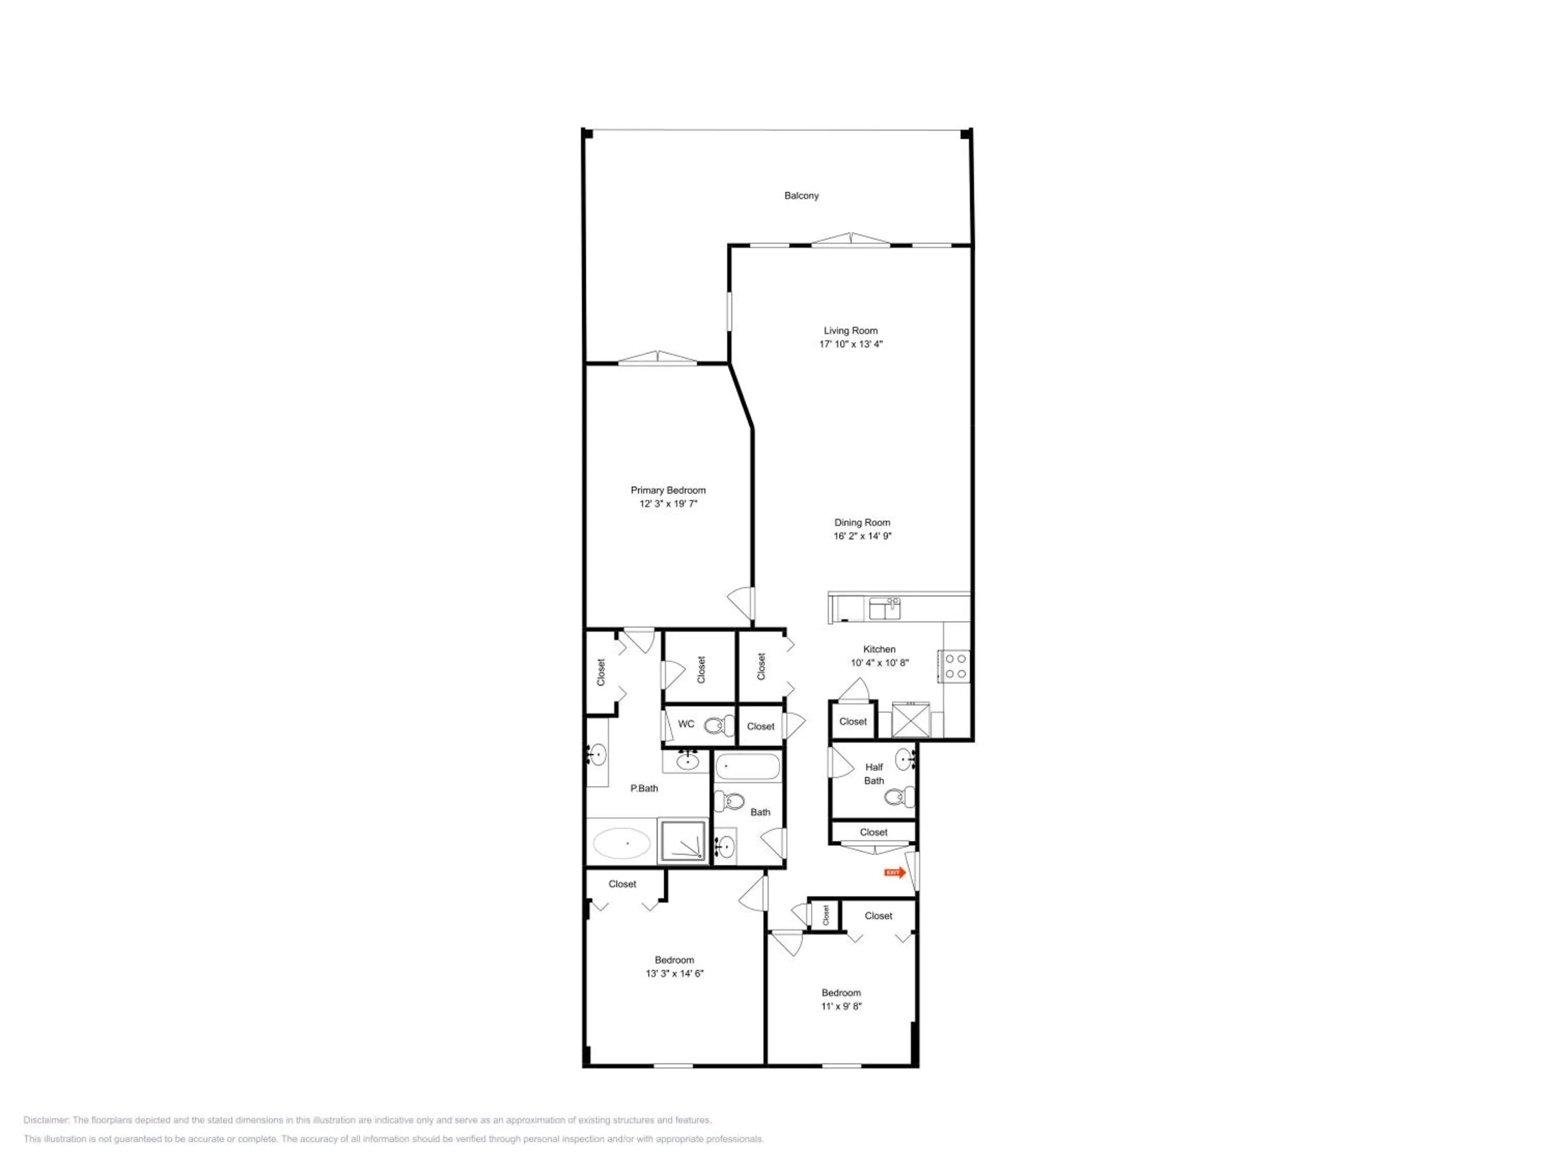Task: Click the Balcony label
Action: tap(801, 196)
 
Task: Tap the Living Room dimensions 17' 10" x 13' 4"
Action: tap(851, 344)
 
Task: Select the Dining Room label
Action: tap(862, 523)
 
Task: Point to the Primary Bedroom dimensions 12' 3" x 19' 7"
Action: tap(668, 504)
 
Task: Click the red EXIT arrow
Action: tap(895, 872)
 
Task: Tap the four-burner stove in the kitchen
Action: tap(954, 666)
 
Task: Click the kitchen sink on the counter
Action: tap(884, 608)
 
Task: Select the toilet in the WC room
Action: tap(719, 725)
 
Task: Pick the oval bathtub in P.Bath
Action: tap(621, 843)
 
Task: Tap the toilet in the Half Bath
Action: tap(899, 797)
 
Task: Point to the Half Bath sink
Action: tap(905, 760)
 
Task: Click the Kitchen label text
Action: tap(879, 649)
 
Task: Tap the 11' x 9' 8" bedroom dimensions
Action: tap(841, 1006)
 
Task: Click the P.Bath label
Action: tap(644, 788)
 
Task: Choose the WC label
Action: tap(686, 724)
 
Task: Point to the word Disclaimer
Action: tap(46, 1120)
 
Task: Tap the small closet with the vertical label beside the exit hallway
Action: tap(825, 915)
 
